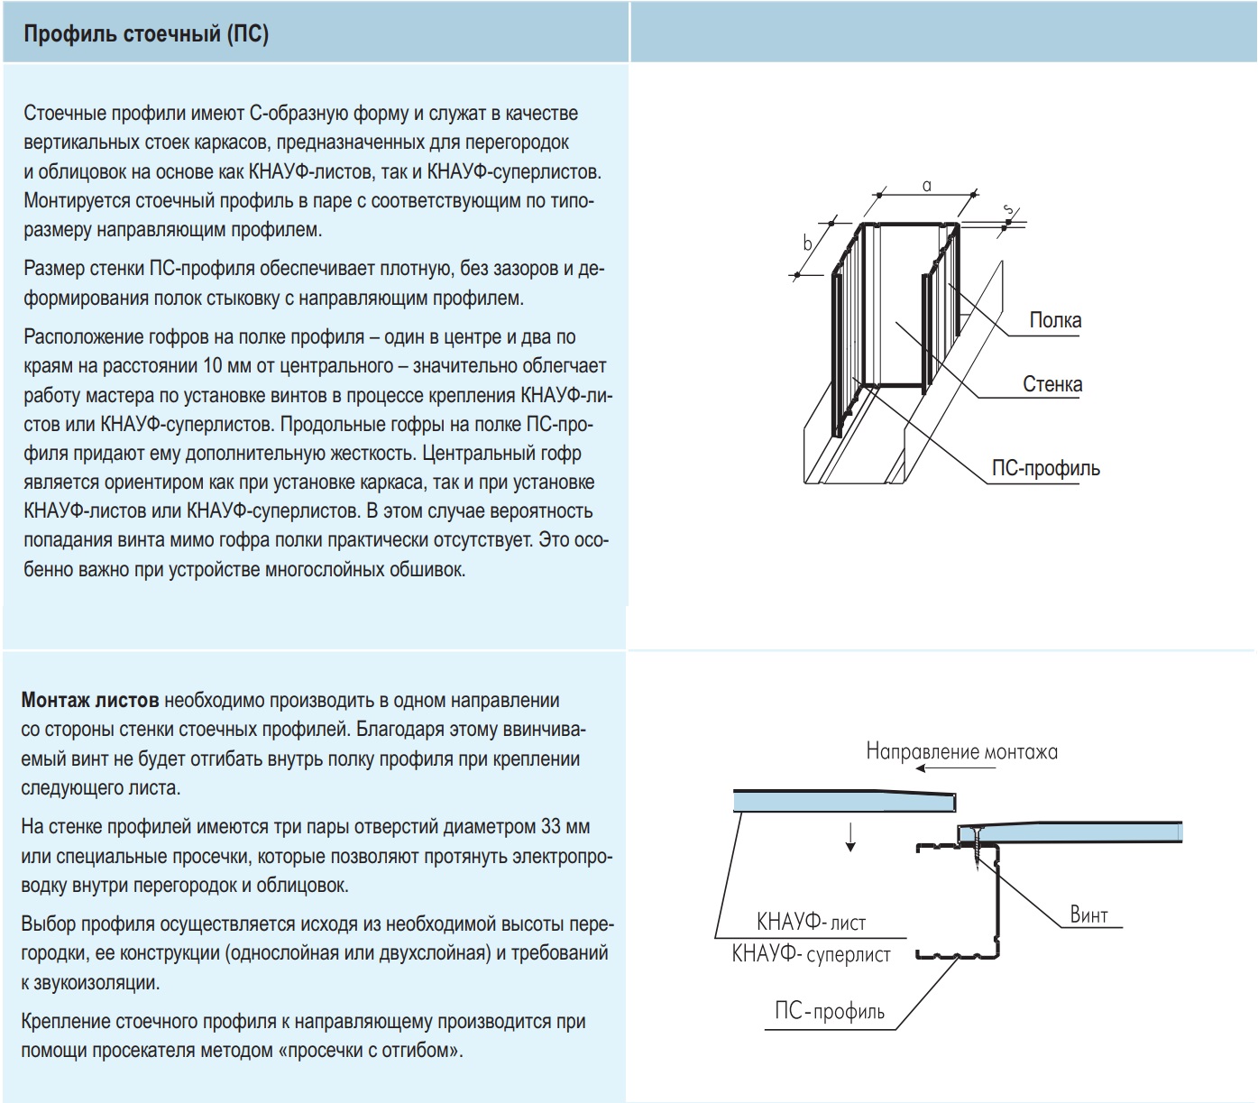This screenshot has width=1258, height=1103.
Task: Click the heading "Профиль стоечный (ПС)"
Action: (x=146, y=34)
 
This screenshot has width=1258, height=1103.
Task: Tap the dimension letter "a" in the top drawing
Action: (x=926, y=186)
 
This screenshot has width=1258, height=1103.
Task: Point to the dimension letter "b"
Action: (x=808, y=244)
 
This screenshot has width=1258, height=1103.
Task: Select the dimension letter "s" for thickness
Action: (x=1009, y=210)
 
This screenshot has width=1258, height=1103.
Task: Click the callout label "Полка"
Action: (x=1055, y=320)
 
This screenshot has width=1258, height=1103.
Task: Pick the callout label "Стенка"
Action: (x=1051, y=384)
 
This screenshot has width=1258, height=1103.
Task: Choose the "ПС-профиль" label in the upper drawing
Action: (x=1045, y=468)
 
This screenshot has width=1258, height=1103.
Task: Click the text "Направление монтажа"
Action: (x=961, y=751)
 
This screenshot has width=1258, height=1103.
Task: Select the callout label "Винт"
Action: (x=1088, y=915)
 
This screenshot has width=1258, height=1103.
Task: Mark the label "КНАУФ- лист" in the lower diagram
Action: (x=811, y=923)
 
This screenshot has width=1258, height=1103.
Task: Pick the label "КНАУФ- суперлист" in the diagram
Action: (x=811, y=954)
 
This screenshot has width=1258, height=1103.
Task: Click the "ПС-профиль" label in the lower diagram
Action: (x=830, y=1011)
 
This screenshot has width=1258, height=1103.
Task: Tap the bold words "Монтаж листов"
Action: (x=90, y=701)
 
